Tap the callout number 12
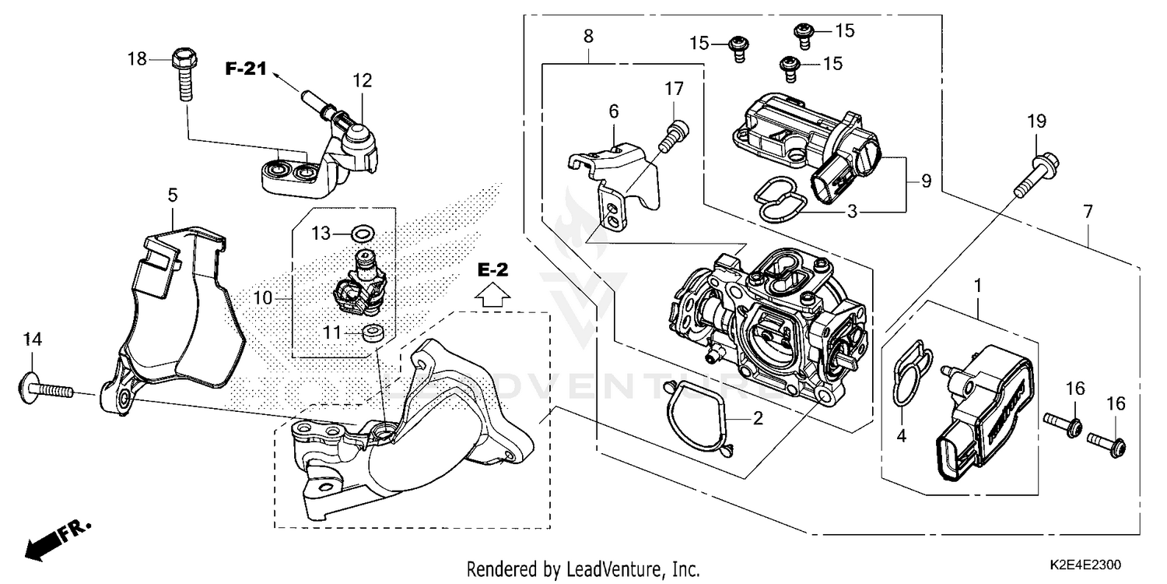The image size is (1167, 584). tap(362, 79)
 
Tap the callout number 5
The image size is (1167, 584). tap(173, 194)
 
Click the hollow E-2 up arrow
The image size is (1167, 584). tap(492, 295)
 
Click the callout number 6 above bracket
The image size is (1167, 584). tap(614, 112)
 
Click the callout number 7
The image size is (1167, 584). tap(1088, 211)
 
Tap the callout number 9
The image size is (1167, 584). tap(926, 181)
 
